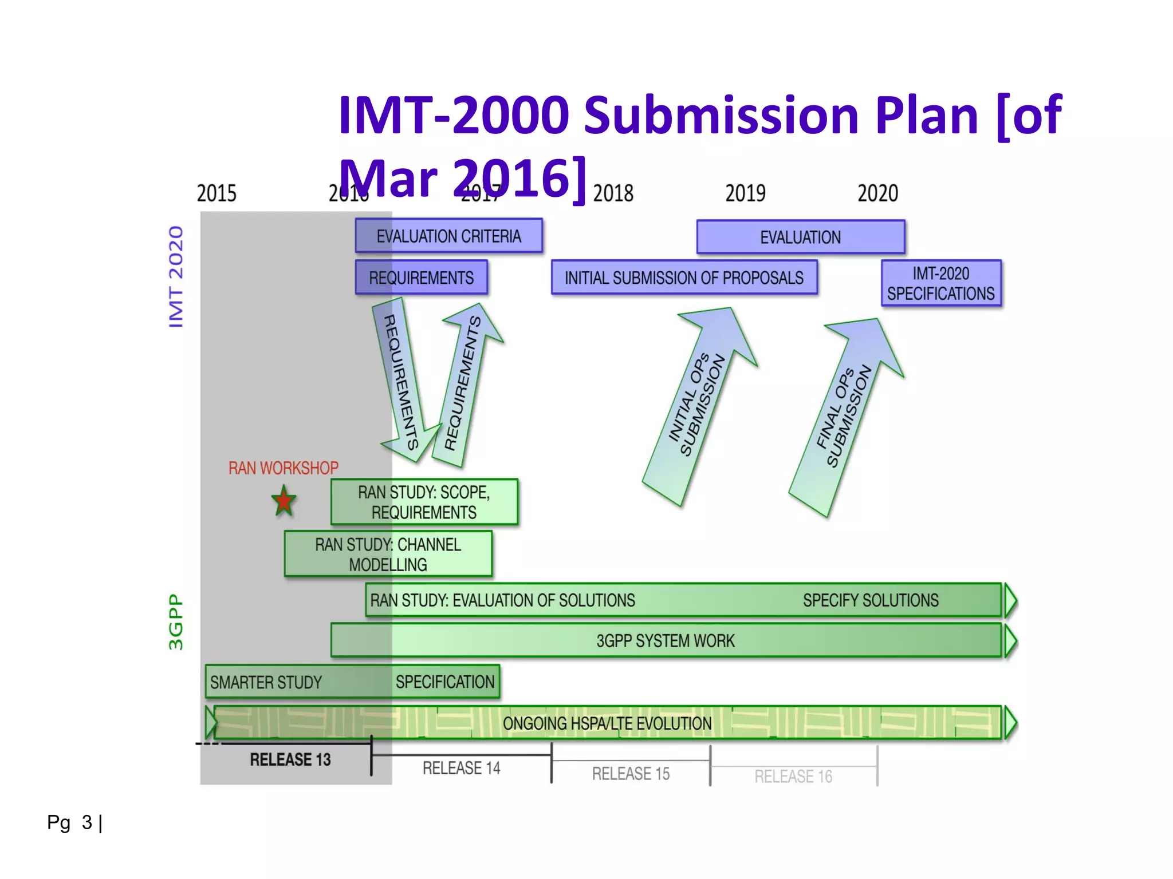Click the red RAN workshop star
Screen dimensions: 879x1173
tap(284, 501)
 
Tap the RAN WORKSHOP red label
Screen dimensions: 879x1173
tap(283, 468)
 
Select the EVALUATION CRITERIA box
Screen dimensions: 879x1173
tap(448, 236)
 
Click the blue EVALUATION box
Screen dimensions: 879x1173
tap(800, 237)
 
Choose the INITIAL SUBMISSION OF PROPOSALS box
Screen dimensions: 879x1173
tap(684, 278)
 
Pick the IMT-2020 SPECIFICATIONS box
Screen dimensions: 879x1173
tap(941, 283)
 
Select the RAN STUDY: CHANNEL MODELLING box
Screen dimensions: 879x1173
tap(388, 554)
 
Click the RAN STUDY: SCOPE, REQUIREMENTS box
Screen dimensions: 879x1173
tap(424, 502)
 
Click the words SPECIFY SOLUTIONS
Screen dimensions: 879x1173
tap(870, 600)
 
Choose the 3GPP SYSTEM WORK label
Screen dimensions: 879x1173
tap(665, 641)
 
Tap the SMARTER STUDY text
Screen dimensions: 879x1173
tap(266, 682)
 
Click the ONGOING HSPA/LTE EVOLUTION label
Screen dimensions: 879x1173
tap(607, 723)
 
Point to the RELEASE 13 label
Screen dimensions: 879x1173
tap(290, 759)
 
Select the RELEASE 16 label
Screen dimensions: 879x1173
tap(793, 777)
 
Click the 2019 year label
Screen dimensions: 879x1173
tap(745, 193)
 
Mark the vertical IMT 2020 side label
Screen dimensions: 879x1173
tap(176, 276)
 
